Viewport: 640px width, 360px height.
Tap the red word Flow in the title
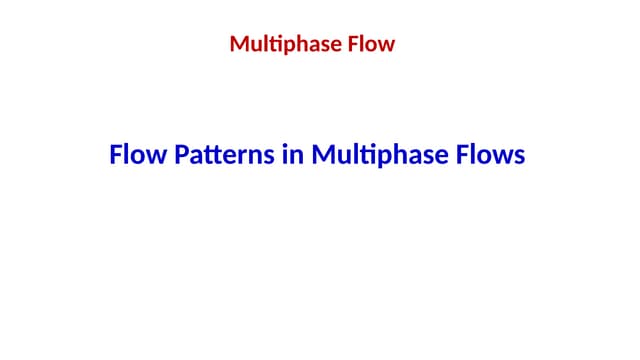[x=370, y=44]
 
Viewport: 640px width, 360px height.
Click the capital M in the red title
[x=239, y=44]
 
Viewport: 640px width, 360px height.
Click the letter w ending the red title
[x=387, y=46]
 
